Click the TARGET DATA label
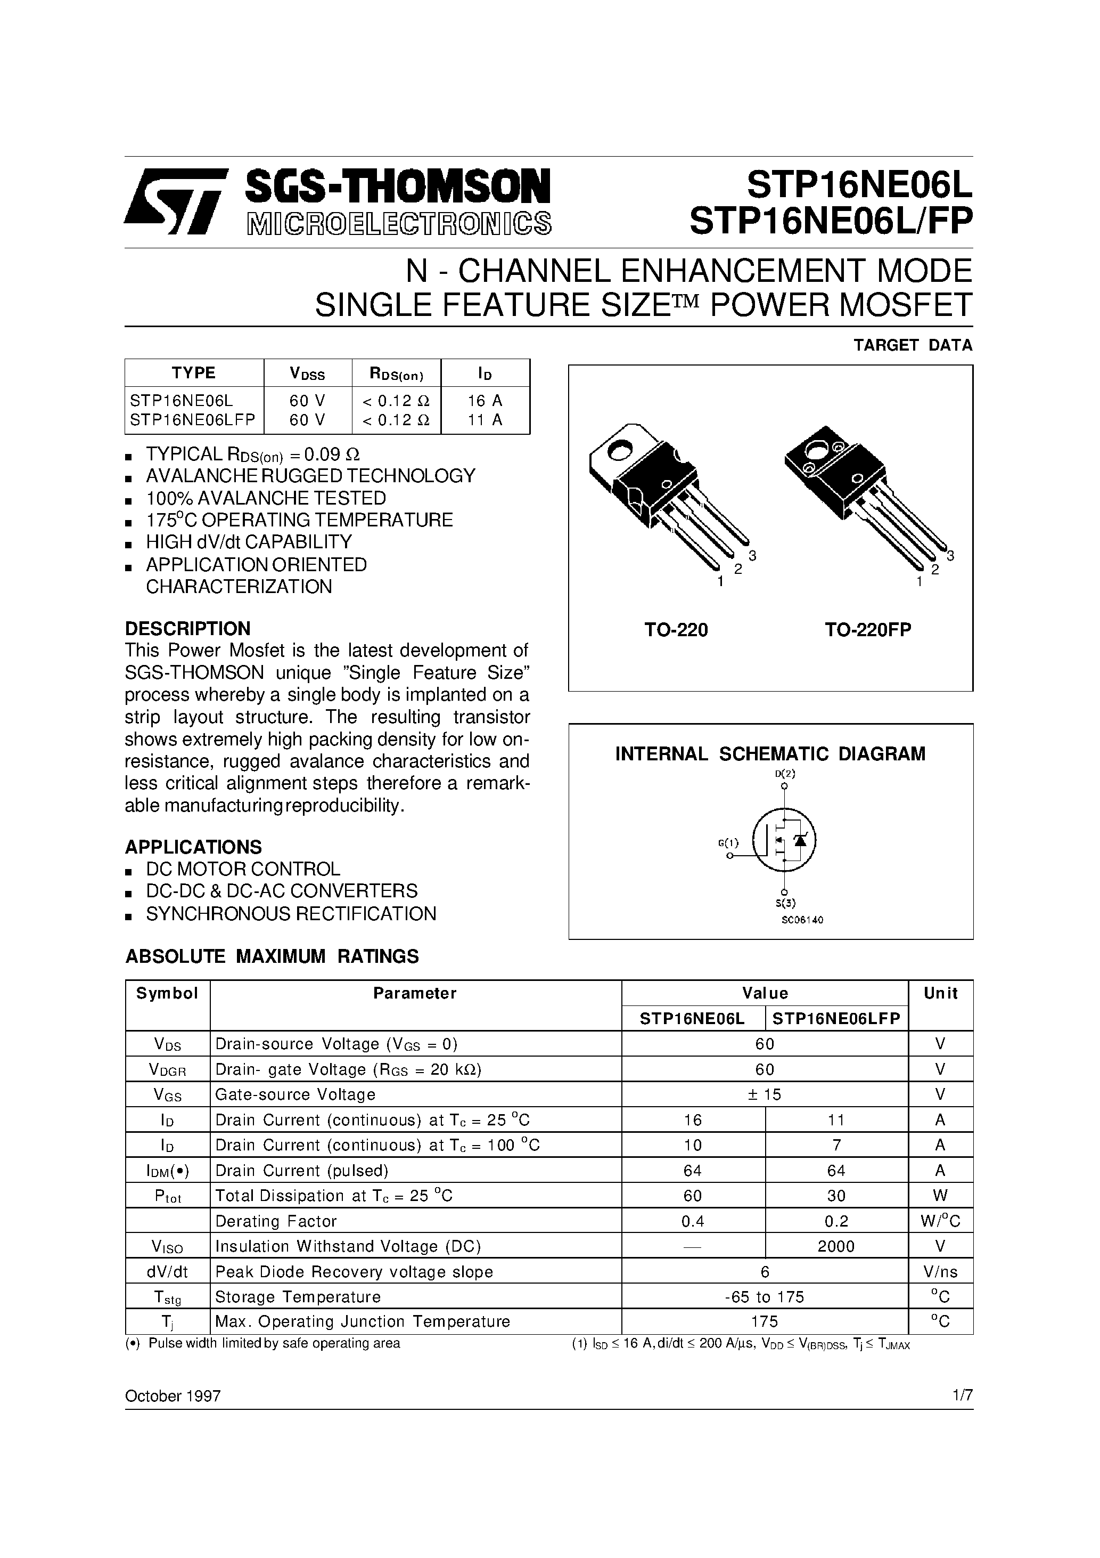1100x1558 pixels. coord(912,345)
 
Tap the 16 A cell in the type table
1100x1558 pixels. coord(485,400)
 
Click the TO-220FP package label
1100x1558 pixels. coord(867,630)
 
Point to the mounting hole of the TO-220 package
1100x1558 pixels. coord(619,449)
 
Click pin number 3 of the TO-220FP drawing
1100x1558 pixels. coord(950,556)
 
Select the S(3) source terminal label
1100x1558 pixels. coord(785,903)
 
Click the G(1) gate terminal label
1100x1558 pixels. coord(728,843)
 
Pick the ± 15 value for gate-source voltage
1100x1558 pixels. coord(765,1094)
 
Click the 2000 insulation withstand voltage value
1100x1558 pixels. coord(836,1246)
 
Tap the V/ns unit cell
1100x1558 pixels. coord(940,1272)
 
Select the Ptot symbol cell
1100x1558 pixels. coord(168,1196)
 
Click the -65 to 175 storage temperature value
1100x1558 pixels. coord(765,1297)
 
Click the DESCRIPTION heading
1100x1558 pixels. coord(187,628)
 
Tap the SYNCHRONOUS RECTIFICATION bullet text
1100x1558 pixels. coord(291,914)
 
